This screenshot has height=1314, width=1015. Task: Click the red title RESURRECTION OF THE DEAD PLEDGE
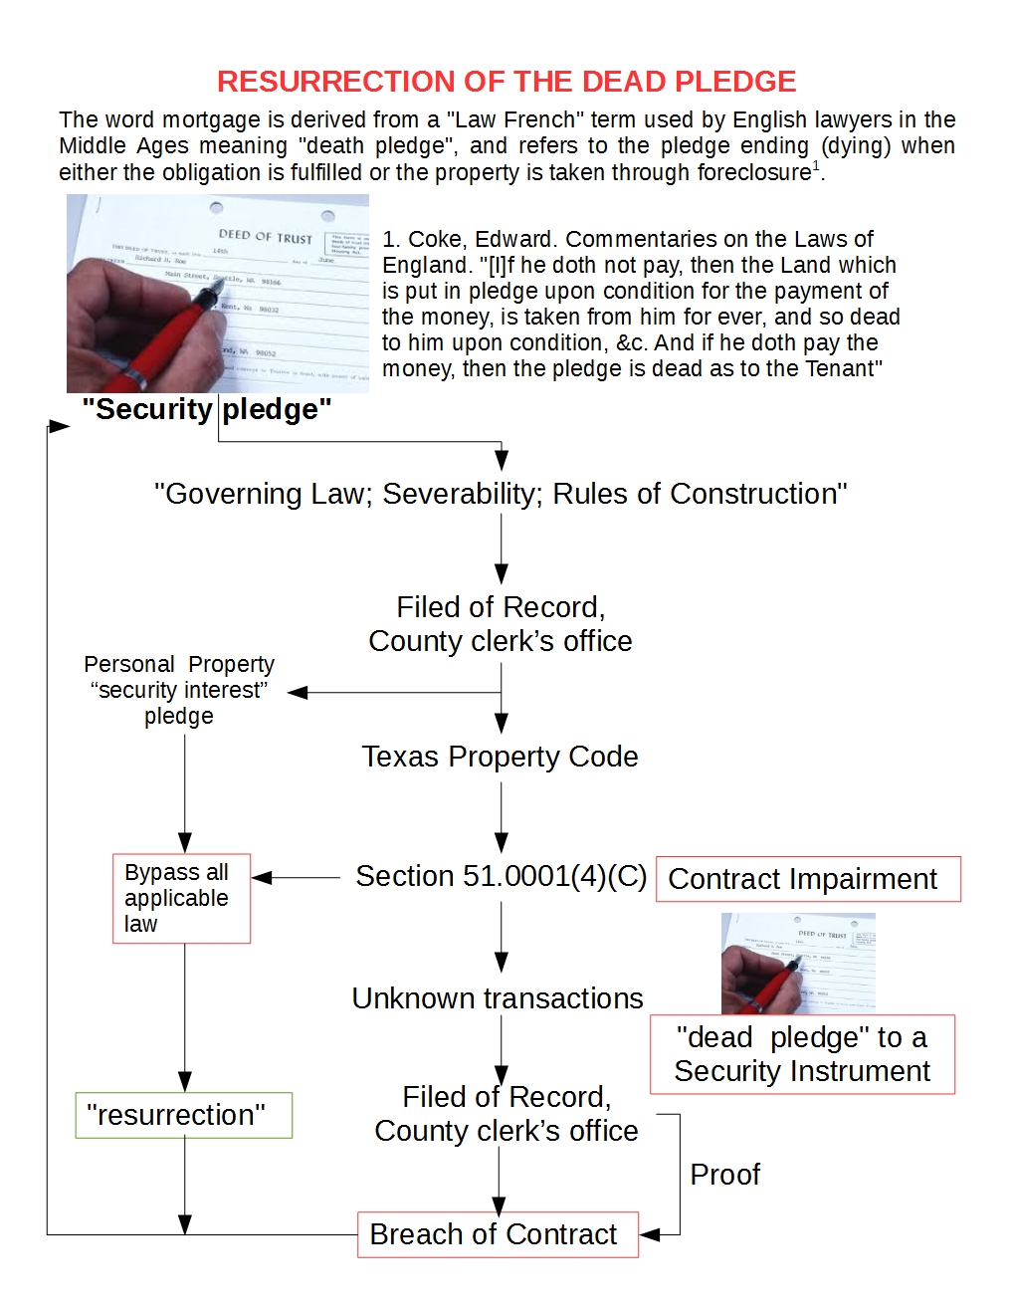click(x=507, y=82)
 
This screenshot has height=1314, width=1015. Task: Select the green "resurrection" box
click(x=183, y=1115)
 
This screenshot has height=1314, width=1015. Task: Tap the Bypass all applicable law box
click(x=181, y=898)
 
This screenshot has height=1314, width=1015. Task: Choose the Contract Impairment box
click(x=807, y=879)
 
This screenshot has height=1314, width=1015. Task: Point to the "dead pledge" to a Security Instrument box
click(x=802, y=1054)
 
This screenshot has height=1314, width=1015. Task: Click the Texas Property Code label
click(x=500, y=757)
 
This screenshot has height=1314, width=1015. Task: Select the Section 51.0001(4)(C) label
click(x=501, y=876)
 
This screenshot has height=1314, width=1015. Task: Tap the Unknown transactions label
click(x=498, y=998)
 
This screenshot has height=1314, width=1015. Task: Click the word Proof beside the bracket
click(x=724, y=1175)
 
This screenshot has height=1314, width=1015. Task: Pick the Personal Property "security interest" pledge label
click(x=179, y=690)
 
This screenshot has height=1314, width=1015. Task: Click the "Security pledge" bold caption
click(x=207, y=409)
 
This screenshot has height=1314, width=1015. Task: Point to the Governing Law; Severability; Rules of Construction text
click(x=501, y=494)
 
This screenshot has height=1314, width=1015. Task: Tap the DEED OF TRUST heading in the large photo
click(x=266, y=237)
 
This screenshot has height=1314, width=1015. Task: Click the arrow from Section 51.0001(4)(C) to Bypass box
click(x=297, y=877)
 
